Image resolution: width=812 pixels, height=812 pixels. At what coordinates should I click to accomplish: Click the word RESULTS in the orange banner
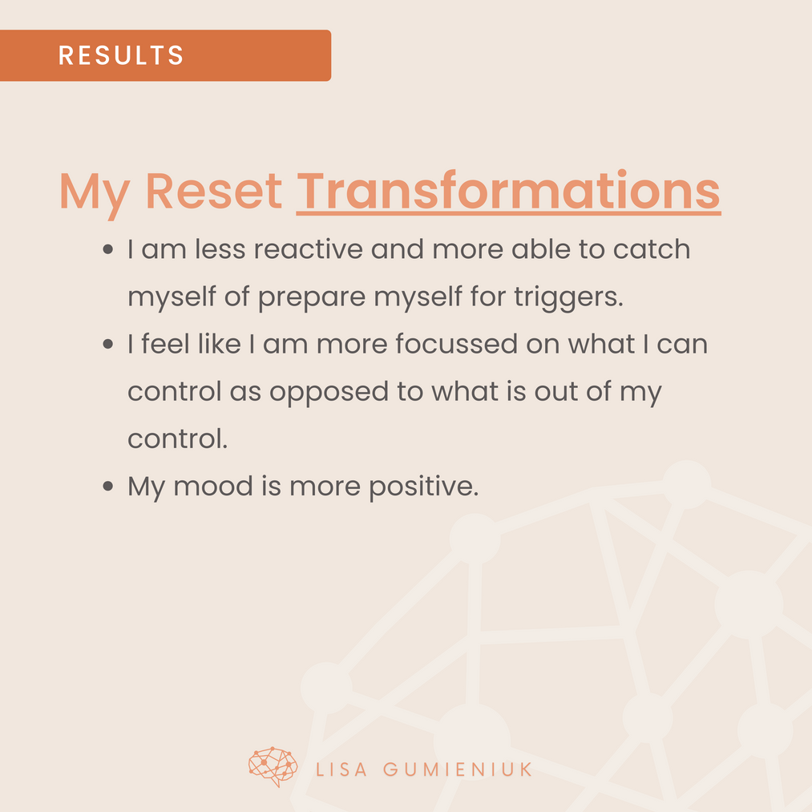[x=121, y=55]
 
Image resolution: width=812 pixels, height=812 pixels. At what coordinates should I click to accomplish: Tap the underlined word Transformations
[x=508, y=191]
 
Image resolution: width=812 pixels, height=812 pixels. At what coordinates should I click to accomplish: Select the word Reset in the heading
[x=213, y=191]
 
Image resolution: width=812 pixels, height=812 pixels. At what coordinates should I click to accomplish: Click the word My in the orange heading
[x=95, y=195]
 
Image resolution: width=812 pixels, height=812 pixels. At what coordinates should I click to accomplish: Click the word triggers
[x=568, y=297]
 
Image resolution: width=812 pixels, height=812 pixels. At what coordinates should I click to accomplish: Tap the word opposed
[x=329, y=393]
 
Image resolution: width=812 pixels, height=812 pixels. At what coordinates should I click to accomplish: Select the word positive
[x=423, y=487]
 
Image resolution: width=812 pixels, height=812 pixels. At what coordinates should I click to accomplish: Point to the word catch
[x=652, y=249]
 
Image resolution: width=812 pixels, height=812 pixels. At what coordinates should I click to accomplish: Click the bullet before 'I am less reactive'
[x=107, y=249]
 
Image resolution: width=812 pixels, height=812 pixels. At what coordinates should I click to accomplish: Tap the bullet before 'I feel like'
[x=107, y=344]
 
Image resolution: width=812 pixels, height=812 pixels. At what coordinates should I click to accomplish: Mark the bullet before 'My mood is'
[x=107, y=487]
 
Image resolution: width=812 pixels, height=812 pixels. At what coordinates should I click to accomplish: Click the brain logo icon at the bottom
[x=273, y=766]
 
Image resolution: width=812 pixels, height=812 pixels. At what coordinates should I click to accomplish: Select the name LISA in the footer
[x=341, y=770]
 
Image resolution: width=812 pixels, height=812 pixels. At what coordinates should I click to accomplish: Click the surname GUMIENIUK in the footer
[x=457, y=770]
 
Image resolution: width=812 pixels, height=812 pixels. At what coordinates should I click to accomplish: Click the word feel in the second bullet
[x=165, y=344]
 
